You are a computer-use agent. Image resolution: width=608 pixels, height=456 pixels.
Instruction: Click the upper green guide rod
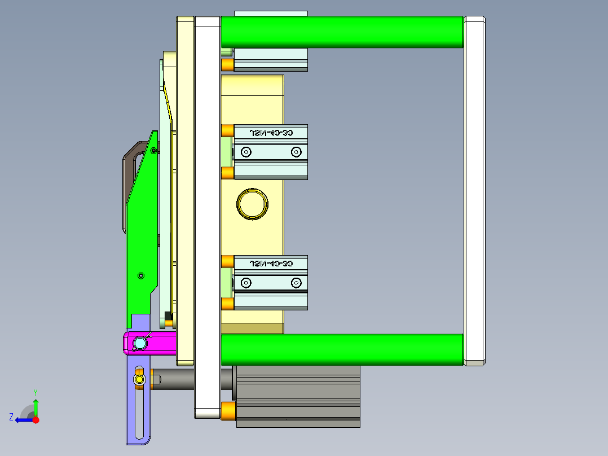[342, 32]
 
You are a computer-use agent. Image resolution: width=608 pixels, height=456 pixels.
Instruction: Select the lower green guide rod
[342, 349]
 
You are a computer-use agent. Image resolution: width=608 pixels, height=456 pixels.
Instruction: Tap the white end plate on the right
[474, 191]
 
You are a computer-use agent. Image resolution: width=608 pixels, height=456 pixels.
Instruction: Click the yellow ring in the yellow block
[252, 203]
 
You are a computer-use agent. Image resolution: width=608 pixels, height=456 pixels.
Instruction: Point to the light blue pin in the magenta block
[139, 343]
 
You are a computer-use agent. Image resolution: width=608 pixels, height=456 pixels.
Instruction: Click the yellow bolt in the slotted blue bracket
[139, 379]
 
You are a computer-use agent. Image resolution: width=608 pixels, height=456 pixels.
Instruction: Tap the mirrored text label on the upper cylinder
[271, 133]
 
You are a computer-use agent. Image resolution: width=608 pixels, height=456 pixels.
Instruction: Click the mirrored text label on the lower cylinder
[271, 264]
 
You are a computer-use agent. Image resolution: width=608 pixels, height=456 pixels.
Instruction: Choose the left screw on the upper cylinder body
[246, 152]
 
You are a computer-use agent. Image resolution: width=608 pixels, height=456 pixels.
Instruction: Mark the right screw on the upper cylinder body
[296, 152]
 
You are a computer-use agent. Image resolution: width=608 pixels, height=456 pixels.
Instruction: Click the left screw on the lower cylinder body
[246, 282]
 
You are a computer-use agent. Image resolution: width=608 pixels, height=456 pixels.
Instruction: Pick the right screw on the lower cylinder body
[296, 282]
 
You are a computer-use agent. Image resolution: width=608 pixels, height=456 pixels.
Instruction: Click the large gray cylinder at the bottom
[297, 395]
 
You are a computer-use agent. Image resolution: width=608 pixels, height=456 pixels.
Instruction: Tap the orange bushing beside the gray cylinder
[228, 411]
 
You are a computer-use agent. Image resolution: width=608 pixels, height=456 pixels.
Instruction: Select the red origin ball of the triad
[36, 419]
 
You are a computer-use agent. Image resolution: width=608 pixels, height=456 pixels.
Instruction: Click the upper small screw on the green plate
[154, 150]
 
